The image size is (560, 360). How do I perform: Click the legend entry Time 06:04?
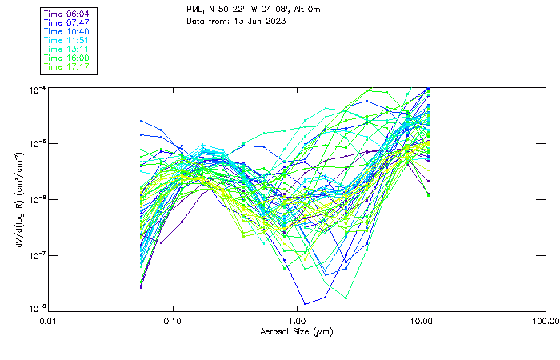coord(67,14)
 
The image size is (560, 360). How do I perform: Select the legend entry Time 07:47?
coord(67,23)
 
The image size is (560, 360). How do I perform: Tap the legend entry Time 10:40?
coord(67,31)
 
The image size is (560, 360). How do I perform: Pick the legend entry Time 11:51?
coord(67,40)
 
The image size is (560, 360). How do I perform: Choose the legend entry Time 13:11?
coord(67,49)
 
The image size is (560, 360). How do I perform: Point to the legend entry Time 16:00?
coord(67,58)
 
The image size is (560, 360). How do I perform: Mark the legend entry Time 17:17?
coord(67,66)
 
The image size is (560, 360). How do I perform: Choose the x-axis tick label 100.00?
coord(545,321)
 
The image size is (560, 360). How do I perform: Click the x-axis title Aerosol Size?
coord(297,331)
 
